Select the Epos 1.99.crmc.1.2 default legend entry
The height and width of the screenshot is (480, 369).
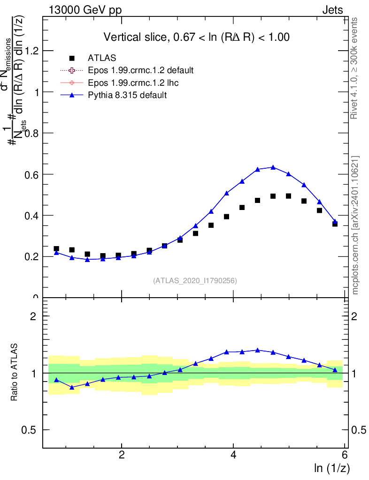[x=140, y=70]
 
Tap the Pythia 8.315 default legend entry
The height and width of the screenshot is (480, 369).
[x=127, y=95]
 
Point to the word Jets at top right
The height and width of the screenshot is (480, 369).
[x=332, y=10]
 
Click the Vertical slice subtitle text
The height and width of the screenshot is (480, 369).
[x=196, y=37]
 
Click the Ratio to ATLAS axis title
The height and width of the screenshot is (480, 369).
[x=15, y=372]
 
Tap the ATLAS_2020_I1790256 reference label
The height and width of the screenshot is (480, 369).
[x=195, y=281]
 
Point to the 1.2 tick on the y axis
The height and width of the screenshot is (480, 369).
[x=31, y=51]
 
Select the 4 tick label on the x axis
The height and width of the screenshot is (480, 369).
[x=233, y=455]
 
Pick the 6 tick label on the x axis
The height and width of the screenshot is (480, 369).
[x=345, y=455]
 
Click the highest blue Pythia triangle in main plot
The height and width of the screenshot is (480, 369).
[x=273, y=167]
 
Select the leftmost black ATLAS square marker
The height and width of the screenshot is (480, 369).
[x=56, y=249]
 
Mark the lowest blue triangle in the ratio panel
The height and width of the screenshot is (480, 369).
[x=72, y=387]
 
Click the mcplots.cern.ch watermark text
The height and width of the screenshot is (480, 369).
[x=356, y=225]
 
